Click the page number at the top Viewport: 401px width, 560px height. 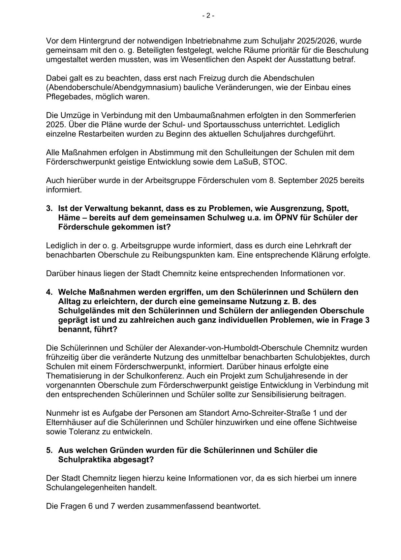(x=208, y=16)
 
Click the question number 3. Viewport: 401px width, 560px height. (x=49, y=208)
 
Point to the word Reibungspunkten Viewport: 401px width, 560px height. (x=187, y=255)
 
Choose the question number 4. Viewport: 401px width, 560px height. (x=49, y=292)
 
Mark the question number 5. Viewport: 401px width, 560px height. (x=49, y=450)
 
